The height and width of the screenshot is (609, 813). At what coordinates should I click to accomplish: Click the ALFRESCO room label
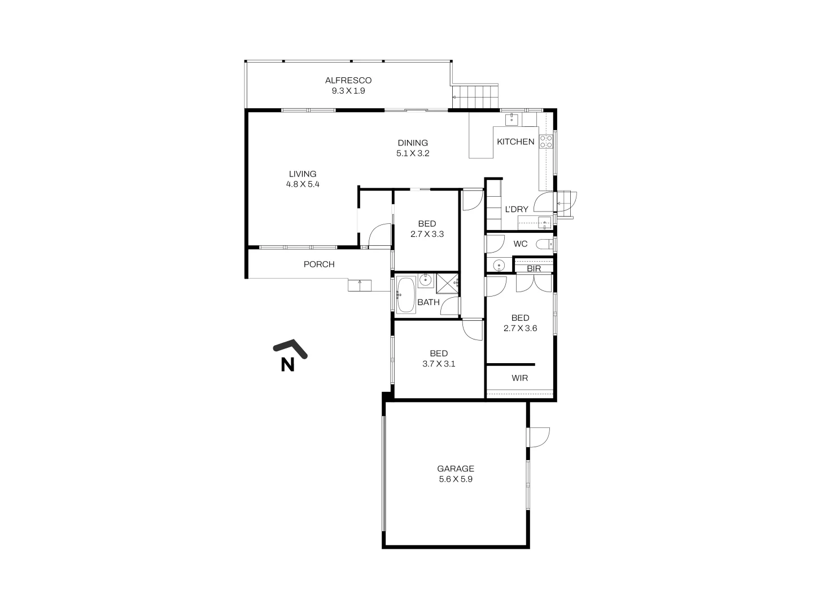click(348, 81)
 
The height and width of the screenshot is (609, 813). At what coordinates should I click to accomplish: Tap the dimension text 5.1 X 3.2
click(412, 153)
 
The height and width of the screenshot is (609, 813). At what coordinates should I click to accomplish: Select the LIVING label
click(303, 174)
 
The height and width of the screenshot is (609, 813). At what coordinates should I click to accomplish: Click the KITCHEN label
click(515, 142)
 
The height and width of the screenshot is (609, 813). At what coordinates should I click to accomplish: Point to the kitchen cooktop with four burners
click(545, 142)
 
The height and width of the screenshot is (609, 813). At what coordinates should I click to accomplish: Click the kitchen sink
click(513, 119)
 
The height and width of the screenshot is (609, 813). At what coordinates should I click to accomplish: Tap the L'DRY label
click(516, 209)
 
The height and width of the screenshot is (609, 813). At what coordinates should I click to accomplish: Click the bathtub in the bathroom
click(405, 294)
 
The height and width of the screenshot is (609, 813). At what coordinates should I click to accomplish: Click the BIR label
click(534, 269)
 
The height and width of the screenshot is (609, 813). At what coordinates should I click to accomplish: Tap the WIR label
click(519, 378)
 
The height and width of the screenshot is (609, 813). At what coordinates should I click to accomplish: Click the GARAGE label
click(455, 469)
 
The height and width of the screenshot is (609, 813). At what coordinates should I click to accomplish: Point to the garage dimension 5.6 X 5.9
click(455, 479)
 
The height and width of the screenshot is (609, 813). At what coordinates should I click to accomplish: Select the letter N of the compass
click(287, 365)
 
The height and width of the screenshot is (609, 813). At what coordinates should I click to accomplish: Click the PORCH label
click(319, 264)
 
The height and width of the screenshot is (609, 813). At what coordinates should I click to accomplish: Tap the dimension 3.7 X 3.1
click(439, 364)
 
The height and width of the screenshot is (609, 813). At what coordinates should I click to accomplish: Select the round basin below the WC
click(499, 265)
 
